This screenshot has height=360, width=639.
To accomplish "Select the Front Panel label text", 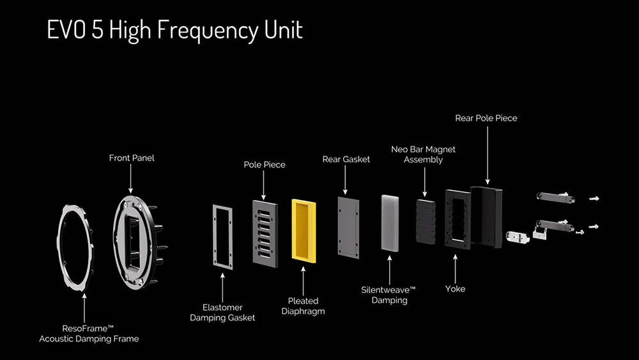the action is (132, 158).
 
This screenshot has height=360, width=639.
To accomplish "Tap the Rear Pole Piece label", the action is (486, 118).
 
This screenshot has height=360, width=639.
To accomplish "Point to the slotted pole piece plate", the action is (265, 233).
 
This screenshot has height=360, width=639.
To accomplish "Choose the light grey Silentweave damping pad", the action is (390, 223).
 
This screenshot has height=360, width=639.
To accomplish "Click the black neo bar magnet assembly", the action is (426, 221).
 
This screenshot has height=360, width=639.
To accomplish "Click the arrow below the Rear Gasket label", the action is (345, 180).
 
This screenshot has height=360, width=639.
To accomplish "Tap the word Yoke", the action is (455, 288).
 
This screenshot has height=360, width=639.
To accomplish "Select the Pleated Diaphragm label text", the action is (303, 306).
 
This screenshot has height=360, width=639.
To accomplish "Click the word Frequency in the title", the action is (208, 30).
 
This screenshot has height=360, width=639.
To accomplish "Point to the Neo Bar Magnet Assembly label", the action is (424, 154).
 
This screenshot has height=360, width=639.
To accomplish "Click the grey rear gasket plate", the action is (348, 228).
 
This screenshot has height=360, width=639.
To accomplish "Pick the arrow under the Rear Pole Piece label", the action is (488, 155).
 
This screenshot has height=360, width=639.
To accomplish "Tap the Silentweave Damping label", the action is (389, 295).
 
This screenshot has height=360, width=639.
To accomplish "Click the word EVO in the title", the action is (66, 29).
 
